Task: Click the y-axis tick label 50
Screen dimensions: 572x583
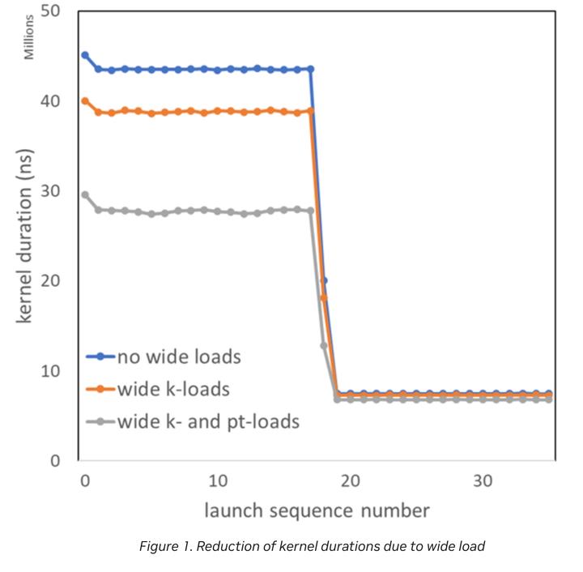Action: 53,12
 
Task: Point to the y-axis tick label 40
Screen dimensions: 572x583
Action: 53,101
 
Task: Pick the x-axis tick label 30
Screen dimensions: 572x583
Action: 483,480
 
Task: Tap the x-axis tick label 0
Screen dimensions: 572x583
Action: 84,480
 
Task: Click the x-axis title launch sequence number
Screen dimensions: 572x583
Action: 317,510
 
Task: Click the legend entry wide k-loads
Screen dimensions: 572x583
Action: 173,389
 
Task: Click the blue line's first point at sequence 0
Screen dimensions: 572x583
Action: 85,55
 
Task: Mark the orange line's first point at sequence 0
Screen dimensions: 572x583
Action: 85,100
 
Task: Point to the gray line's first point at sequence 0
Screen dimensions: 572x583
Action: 85,194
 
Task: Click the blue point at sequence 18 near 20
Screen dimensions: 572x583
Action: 324,280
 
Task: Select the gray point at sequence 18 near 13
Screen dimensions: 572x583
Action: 324,346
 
